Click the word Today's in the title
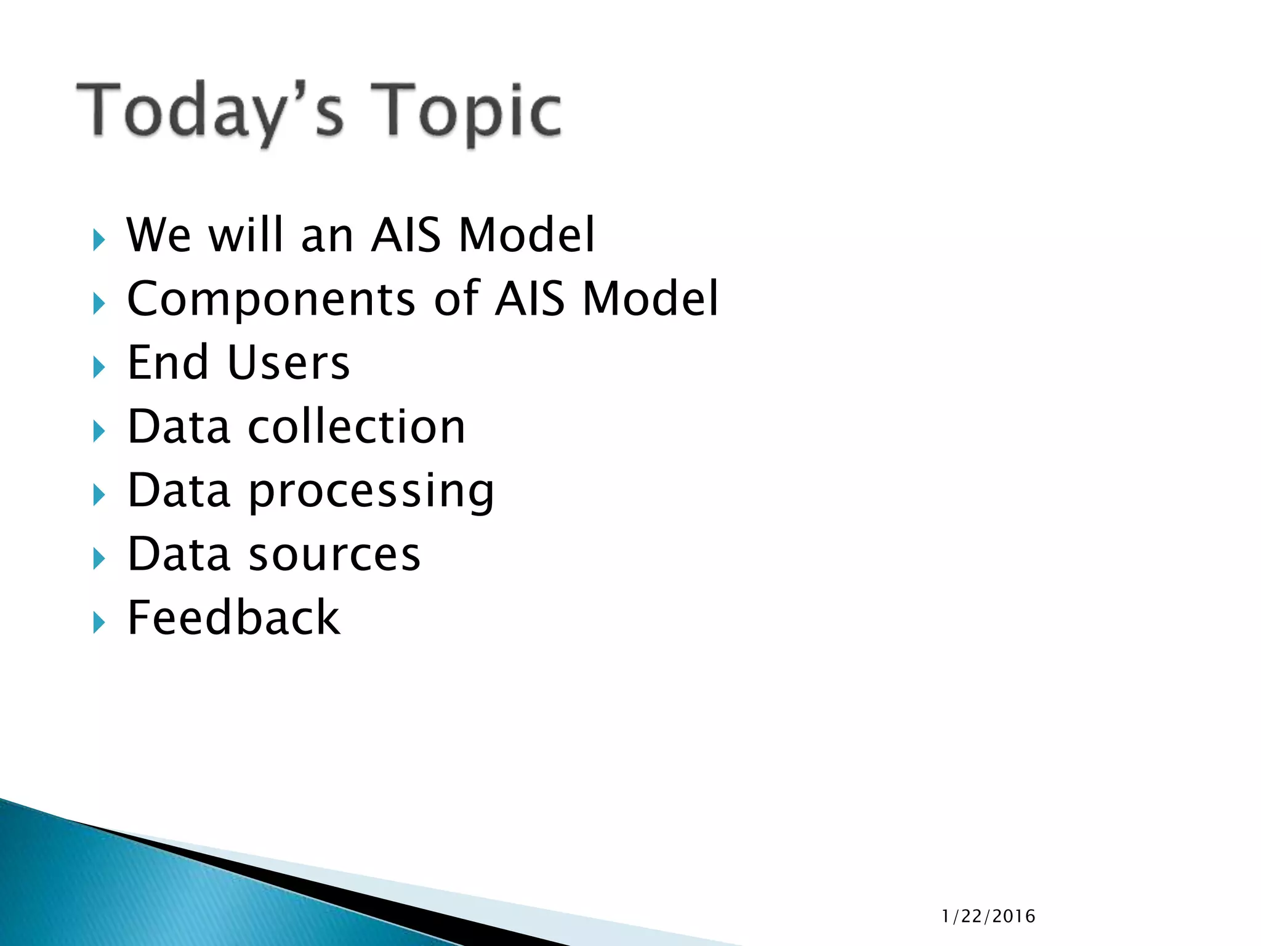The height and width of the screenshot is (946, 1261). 209,111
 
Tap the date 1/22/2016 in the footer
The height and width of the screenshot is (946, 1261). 988,916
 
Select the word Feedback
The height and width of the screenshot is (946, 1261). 233,618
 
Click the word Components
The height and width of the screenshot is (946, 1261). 272,299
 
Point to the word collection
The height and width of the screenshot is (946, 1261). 357,427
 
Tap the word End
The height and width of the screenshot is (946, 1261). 167,363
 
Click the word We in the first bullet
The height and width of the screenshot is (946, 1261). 158,235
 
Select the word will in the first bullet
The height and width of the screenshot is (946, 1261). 246,235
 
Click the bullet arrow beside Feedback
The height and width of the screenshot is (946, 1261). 99,623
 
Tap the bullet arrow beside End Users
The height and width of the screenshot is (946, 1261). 99,368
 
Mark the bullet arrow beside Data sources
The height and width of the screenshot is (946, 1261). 99,559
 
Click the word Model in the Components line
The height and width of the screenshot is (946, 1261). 650,299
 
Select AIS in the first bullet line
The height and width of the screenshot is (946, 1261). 406,235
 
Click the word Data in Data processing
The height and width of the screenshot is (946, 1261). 179,491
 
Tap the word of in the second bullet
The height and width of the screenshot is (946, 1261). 456,299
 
